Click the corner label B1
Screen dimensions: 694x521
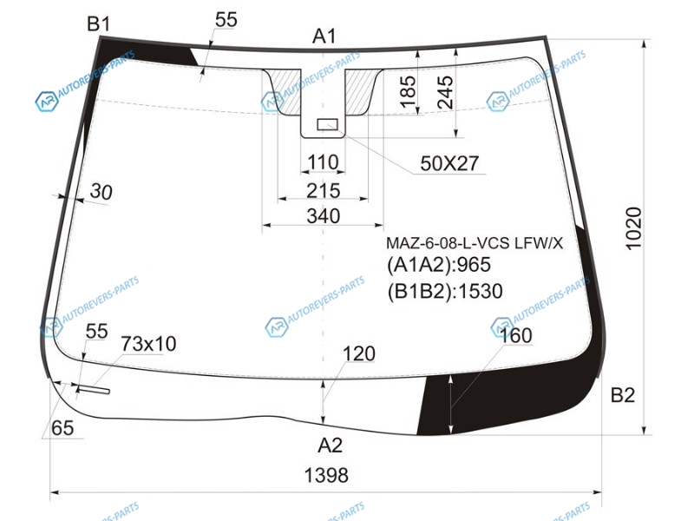click(98, 24)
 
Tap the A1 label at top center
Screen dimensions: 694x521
click(324, 36)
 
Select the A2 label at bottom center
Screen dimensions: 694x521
click(331, 445)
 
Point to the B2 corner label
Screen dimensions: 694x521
click(623, 395)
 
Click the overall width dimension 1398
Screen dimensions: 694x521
click(326, 475)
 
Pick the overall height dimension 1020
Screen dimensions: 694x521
click(634, 228)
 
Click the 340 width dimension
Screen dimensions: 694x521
click(324, 216)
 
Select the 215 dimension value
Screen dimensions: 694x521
click(324, 191)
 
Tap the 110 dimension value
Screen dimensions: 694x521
click(323, 162)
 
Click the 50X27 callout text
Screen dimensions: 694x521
click(449, 164)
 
